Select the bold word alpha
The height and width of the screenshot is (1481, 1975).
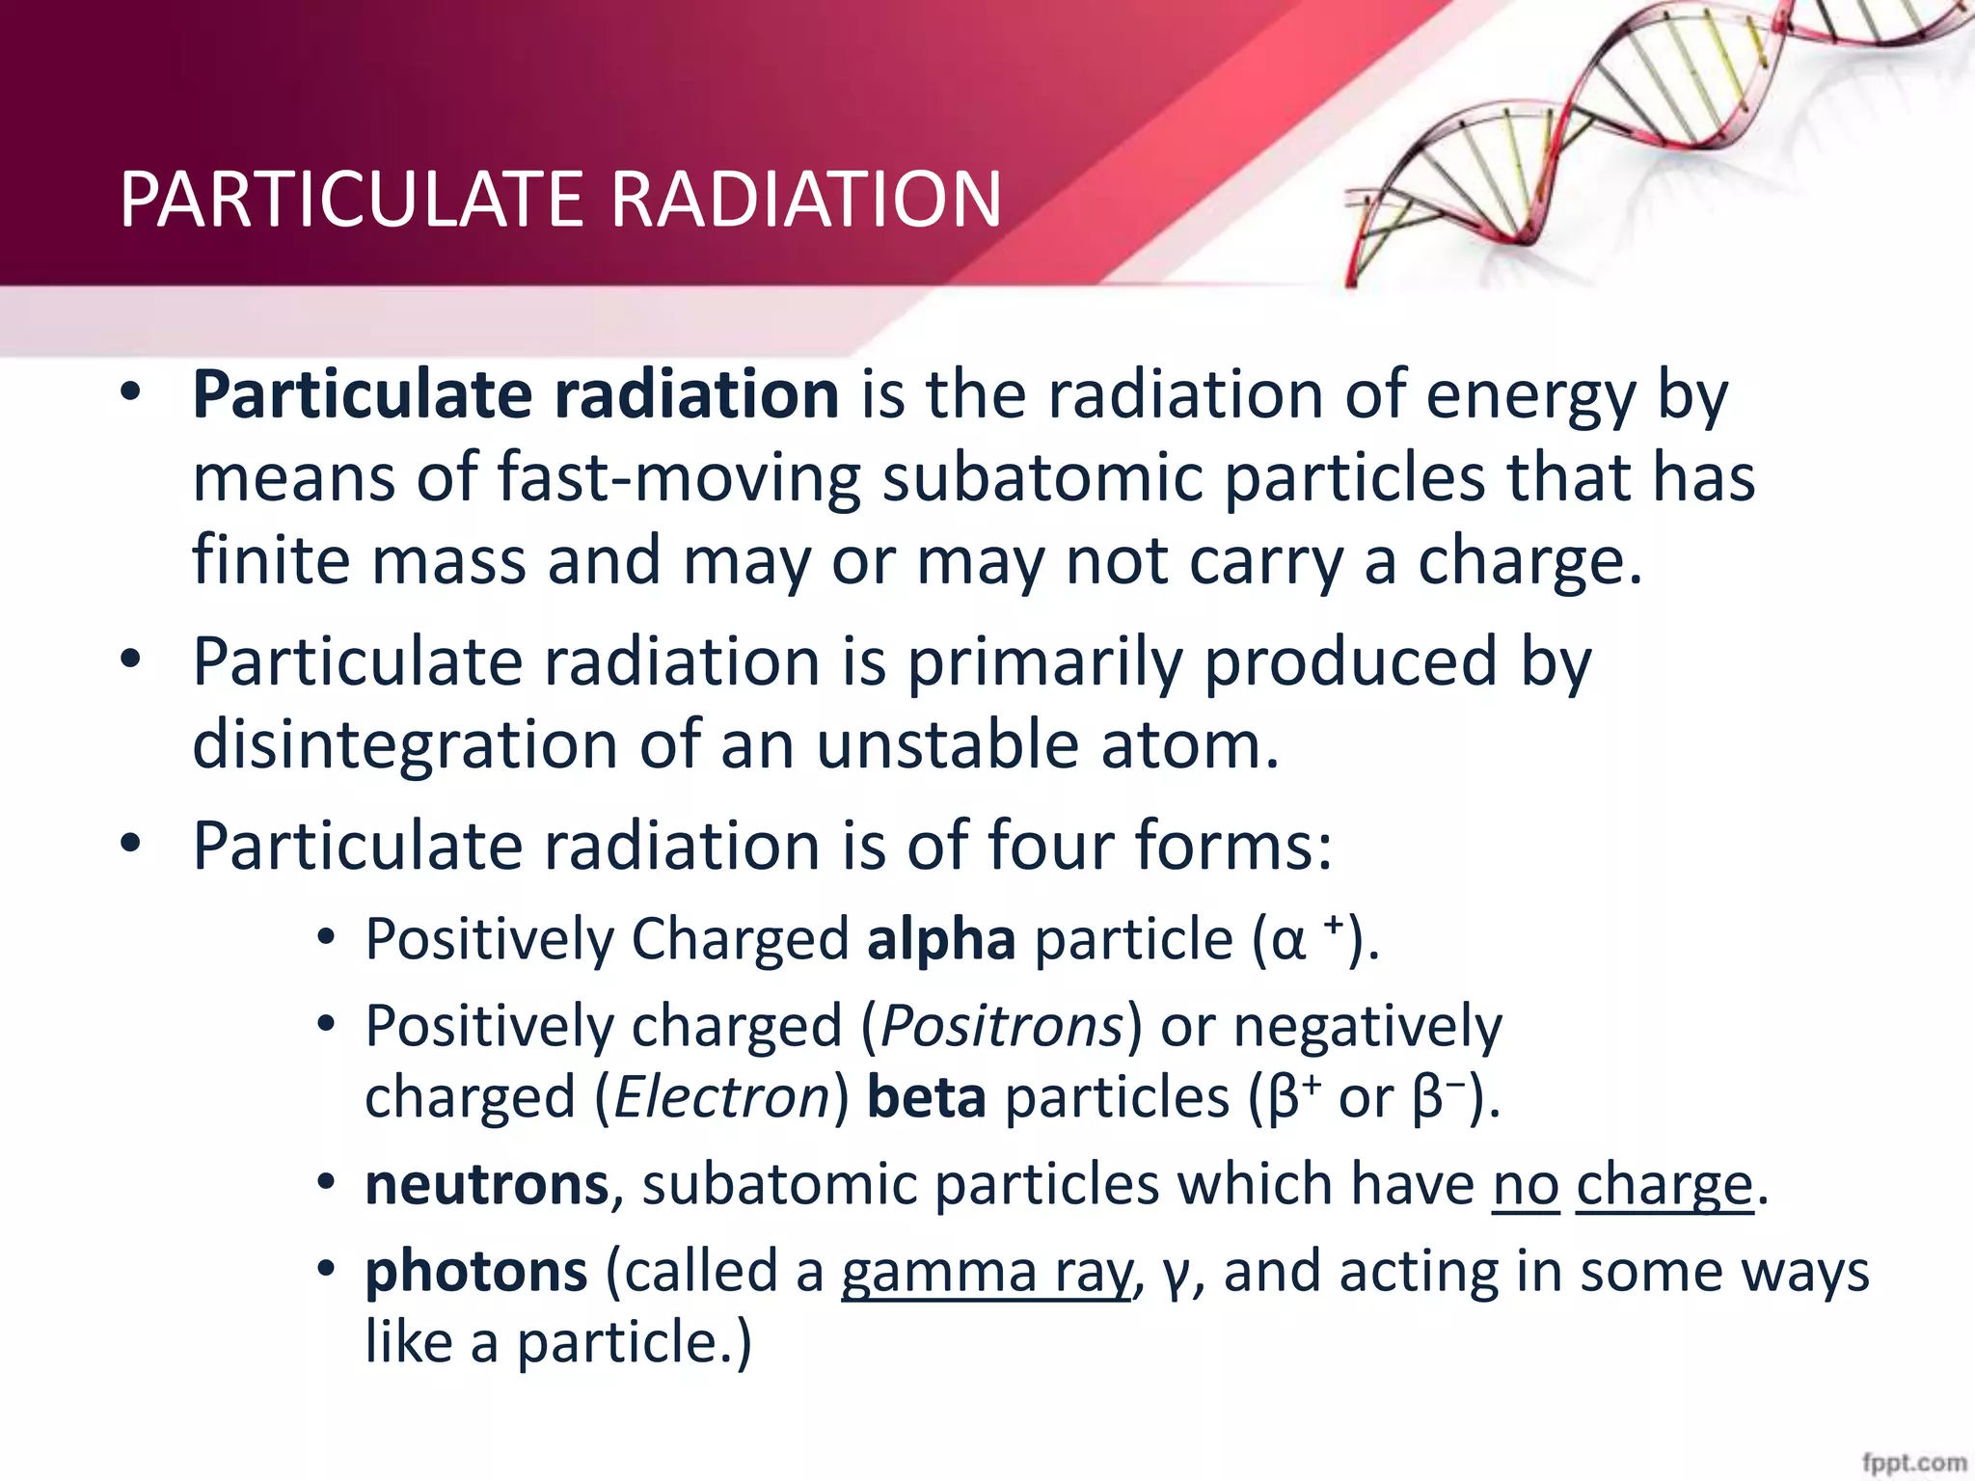[941, 939]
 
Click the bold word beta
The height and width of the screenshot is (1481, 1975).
[927, 1097]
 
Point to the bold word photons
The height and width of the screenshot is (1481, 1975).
[476, 1271]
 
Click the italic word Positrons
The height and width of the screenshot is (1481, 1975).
[1003, 1025]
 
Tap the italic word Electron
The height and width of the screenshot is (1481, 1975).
[721, 1097]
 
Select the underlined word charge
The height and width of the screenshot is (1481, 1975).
[1664, 1186]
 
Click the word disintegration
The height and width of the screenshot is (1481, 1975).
[405, 745]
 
